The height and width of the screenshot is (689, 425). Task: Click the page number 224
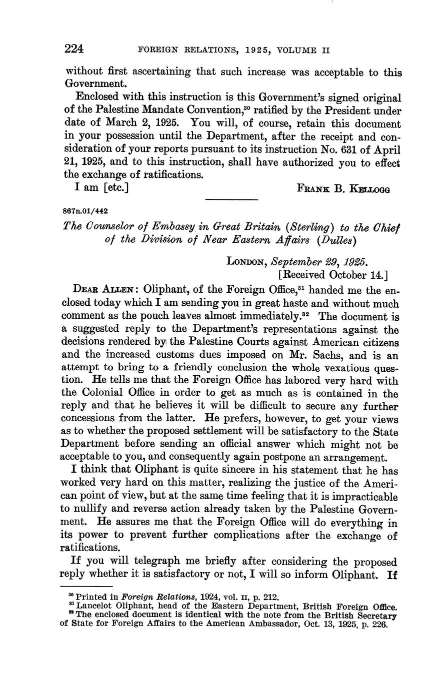point(73,49)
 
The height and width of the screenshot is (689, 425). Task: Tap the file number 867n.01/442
point(85,211)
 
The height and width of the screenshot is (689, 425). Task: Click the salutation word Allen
point(120,290)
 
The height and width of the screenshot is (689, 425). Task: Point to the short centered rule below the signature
point(231,200)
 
